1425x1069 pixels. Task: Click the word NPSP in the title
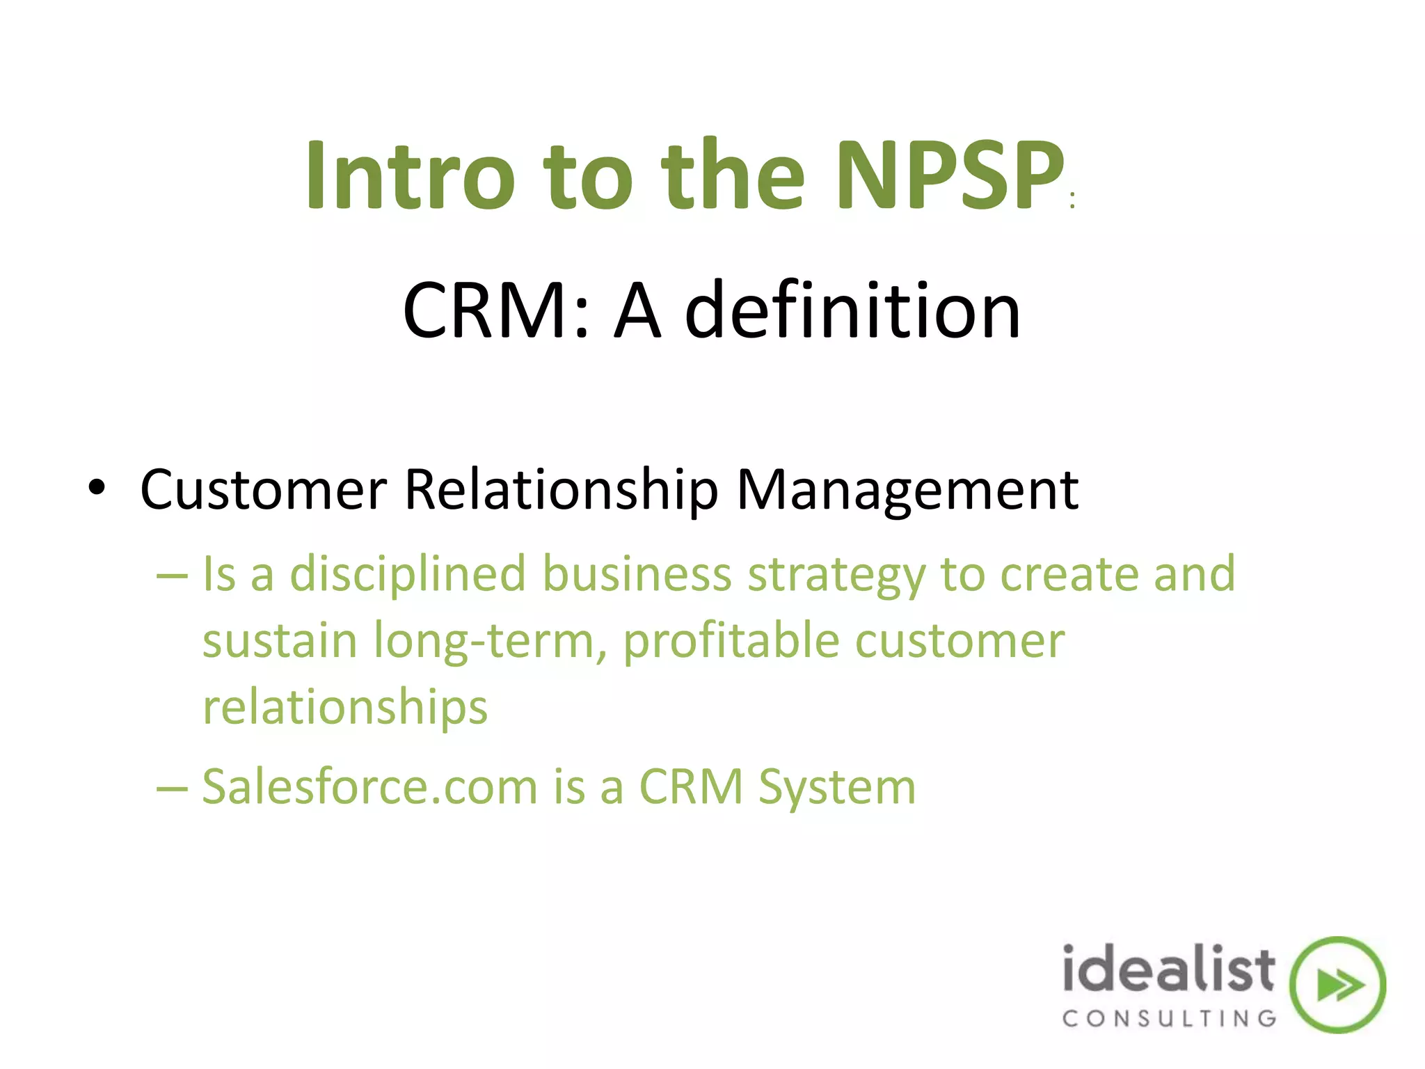(950, 175)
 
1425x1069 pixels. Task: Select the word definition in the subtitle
(853, 310)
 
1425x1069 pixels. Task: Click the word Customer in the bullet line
(263, 490)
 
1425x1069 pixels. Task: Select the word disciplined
(408, 575)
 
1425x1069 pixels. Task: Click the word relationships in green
(345, 708)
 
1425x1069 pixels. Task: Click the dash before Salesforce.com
(172, 789)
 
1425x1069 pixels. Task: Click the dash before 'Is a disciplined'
(172, 576)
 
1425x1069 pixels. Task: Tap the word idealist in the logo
(1168, 969)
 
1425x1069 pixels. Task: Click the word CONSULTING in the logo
(1169, 1019)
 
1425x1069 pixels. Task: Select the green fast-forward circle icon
(1337, 985)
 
